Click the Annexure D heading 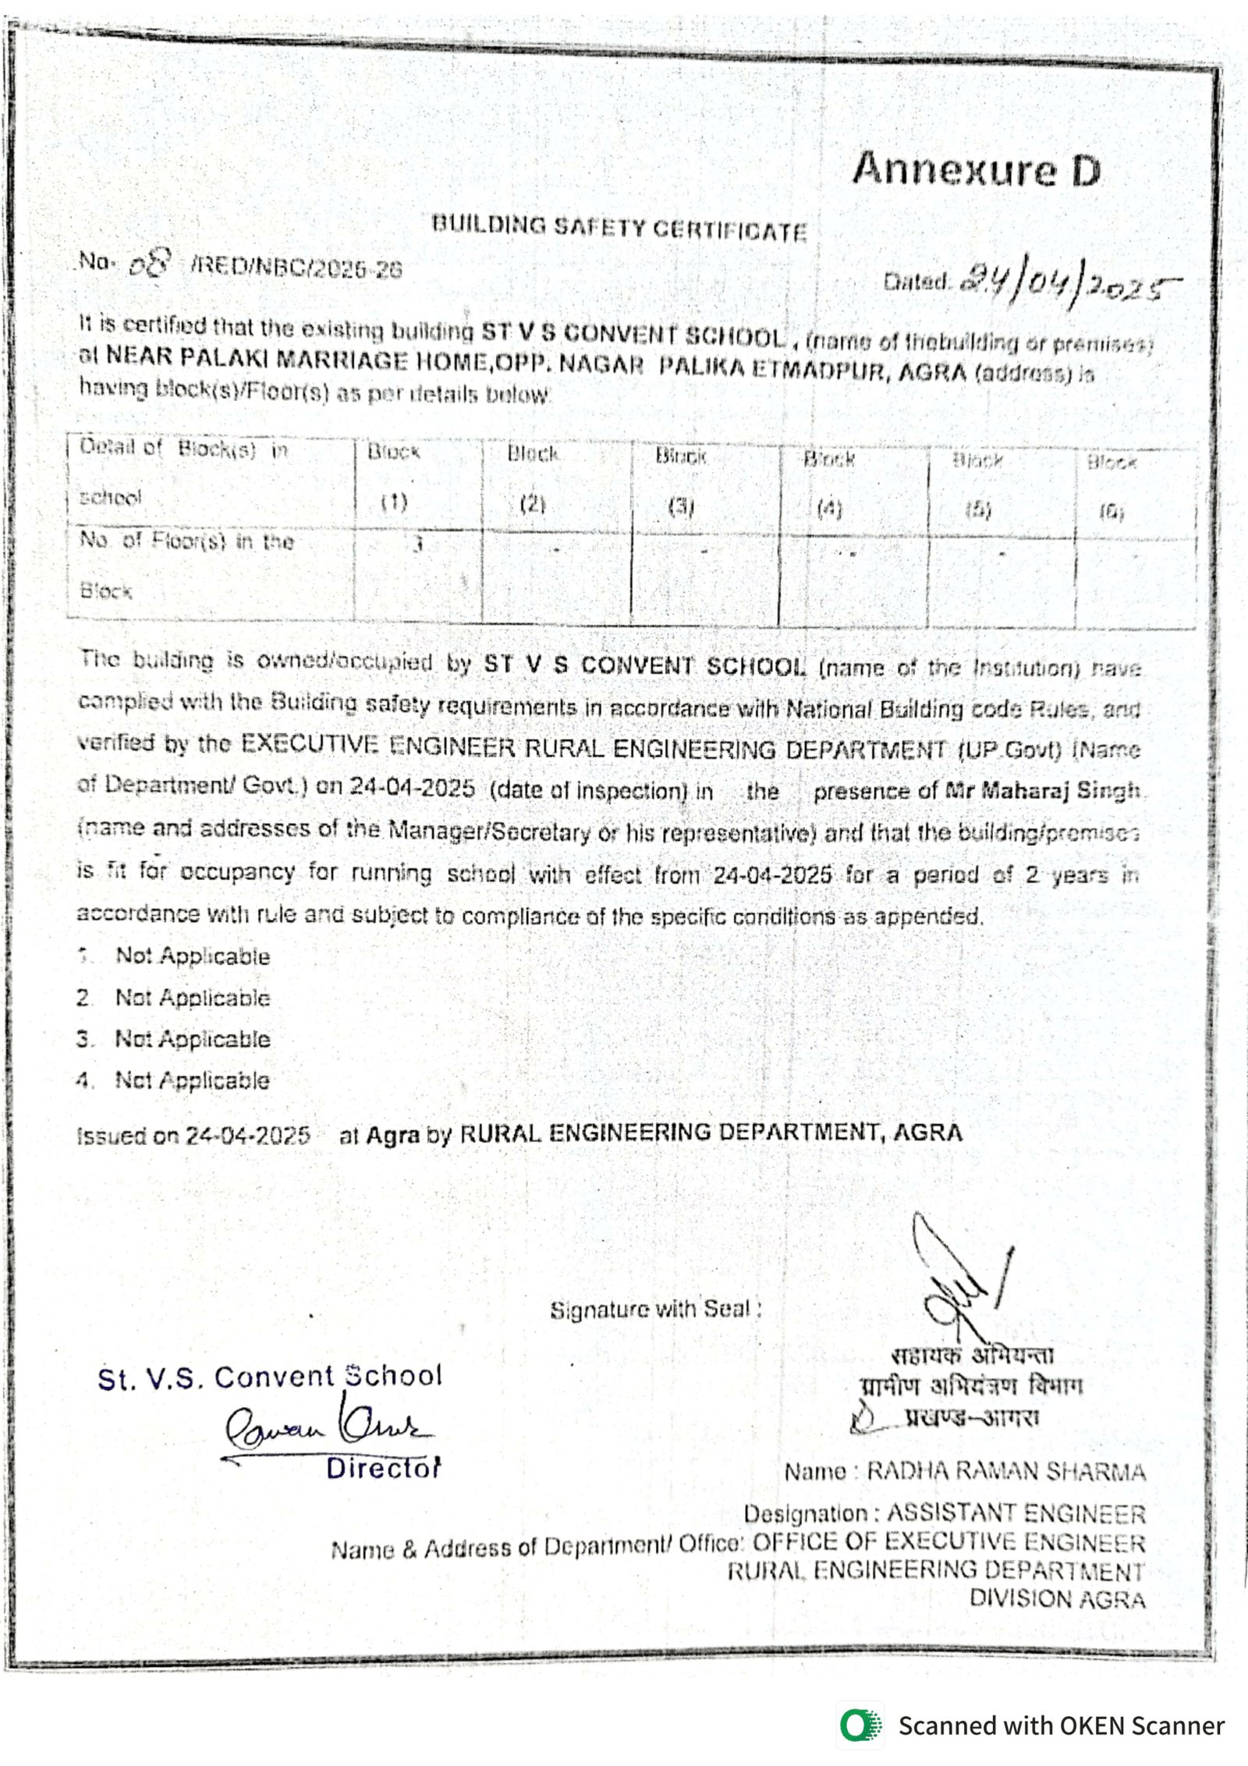click(x=976, y=169)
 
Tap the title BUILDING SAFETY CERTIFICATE click(x=619, y=228)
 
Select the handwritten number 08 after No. click(x=149, y=264)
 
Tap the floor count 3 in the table click(x=418, y=544)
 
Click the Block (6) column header click(x=1111, y=488)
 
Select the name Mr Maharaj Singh click(x=1042, y=791)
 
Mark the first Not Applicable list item click(x=192, y=956)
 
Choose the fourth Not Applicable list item click(x=192, y=1080)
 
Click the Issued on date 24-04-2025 click(x=247, y=1136)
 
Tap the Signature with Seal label click(x=655, y=1310)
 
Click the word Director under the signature click(x=383, y=1468)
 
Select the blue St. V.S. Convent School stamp click(x=270, y=1376)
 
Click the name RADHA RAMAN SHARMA click(x=1005, y=1471)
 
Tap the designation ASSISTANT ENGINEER click(x=1016, y=1513)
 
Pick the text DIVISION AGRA click(x=1057, y=1599)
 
